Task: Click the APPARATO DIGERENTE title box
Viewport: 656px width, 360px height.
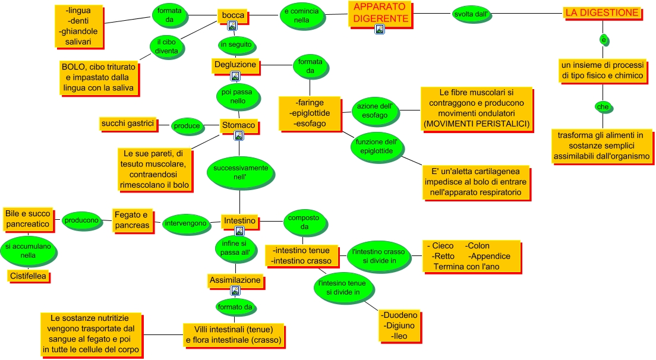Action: (380, 13)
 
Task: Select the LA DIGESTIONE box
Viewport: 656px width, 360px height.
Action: (602, 13)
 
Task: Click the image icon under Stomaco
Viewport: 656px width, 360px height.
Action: (239, 135)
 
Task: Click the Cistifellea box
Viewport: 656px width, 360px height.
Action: (28, 276)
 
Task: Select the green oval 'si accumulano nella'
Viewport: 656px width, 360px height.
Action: (29, 251)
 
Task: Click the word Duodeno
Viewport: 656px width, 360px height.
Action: (400, 315)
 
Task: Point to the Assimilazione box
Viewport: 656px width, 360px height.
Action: (235, 279)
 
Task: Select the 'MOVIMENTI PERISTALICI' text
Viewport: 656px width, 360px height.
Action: (477, 124)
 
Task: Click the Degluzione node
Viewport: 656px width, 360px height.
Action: (235, 64)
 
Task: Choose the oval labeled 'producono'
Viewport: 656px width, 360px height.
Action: (82, 220)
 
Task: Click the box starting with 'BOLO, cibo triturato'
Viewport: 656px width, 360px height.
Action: (99, 77)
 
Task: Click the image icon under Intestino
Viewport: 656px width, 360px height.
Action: (239, 231)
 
